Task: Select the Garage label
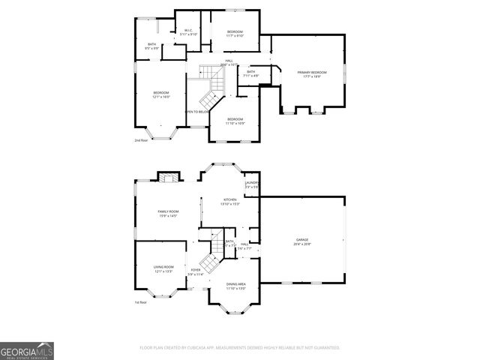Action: pyautogui.click(x=302, y=241)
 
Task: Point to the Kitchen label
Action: pyautogui.click(x=229, y=202)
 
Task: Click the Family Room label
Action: pyautogui.click(x=167, y=214)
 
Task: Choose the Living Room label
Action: pyautogui.click(x=163, y=268)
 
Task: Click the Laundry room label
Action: pyautogui.click(x=252, y=184)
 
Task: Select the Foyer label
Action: pyautogui.click(x=195, y=271)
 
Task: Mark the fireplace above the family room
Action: pyautogui.click(x=169, y=178)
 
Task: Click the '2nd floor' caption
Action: pyautogui.click(x=141, y=140)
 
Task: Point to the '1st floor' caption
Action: pyautogui.click(x=140, y=302)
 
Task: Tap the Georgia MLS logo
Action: pyautogui.click(x=27, y=350)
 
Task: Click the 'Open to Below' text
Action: pyautogui.click(x=196, y=112)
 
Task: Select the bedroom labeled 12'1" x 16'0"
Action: pyautogui.click(x=161, y=94)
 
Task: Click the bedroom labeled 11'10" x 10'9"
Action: pyautogui.click(x=235, y=121)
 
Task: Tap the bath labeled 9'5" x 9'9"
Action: pyautogui.click(x=152, y=46)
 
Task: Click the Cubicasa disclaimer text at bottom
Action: pyautogui.click(x=239, y=348)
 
